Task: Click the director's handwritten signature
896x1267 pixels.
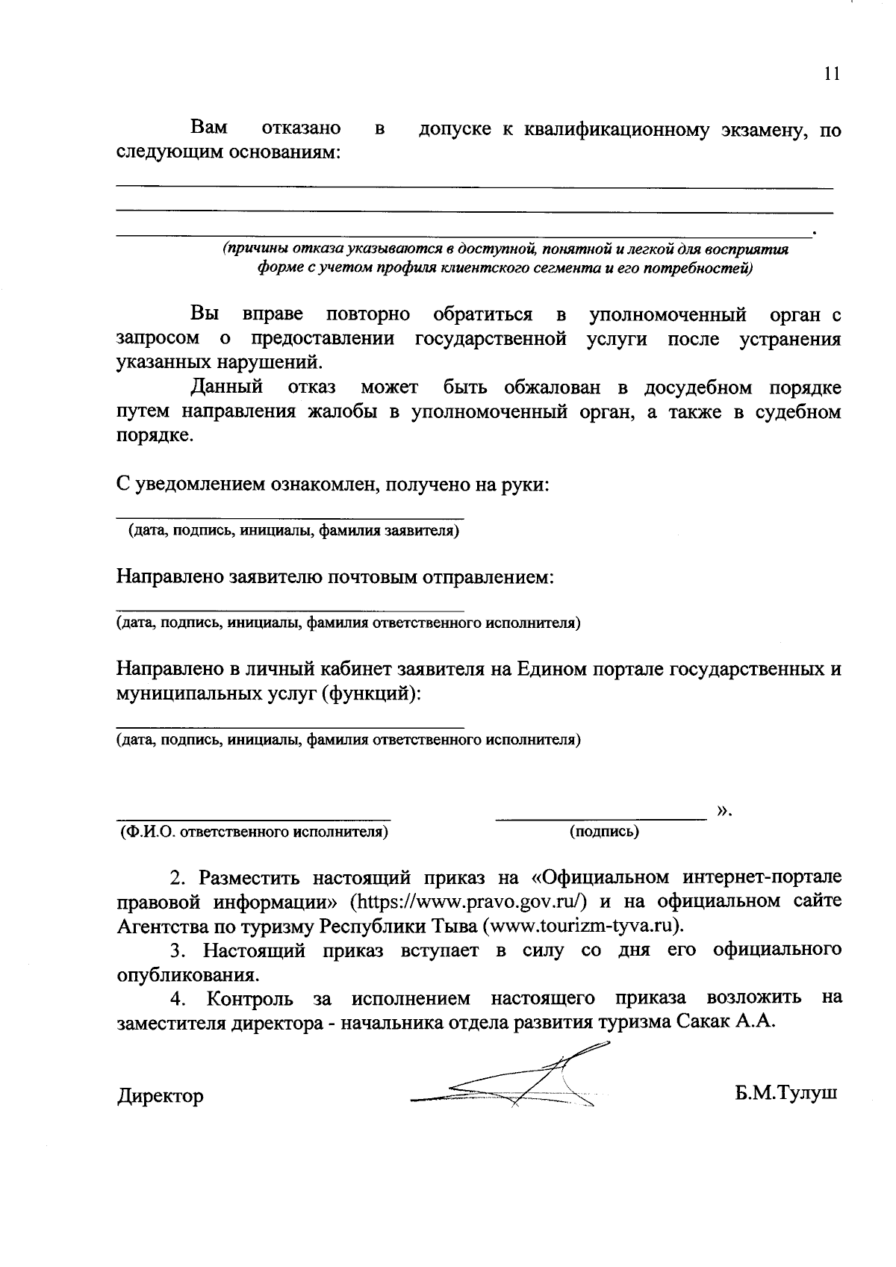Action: [x=515, y=1083]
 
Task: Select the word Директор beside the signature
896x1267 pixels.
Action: [x=161, y=1096]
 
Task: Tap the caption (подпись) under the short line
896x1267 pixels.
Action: [x=604, y=831]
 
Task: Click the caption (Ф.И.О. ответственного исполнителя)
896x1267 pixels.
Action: [x=255, y=831]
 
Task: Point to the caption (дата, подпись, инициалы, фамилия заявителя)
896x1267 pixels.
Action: [x=293, y=531]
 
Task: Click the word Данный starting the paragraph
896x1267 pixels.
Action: [x=227, y=387]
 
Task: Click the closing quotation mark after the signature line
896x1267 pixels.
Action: [x=724, y=809]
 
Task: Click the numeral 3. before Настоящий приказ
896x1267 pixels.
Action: [x=178, y=950]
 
